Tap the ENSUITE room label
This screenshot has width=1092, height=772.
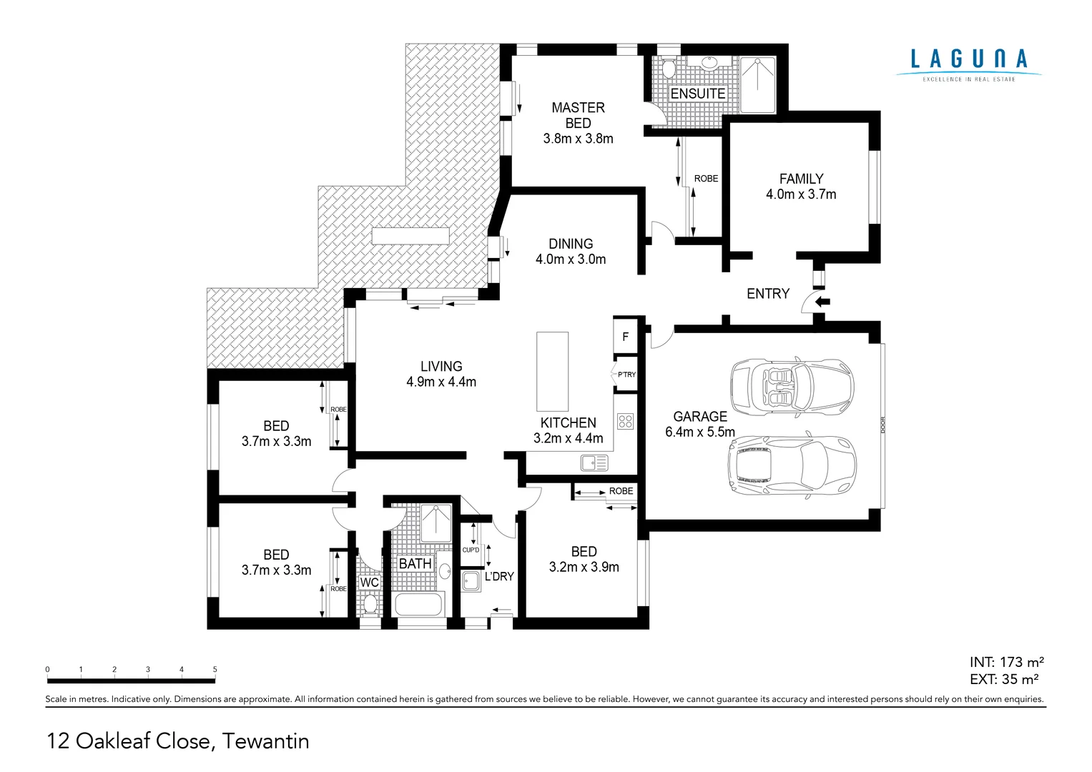(x=697, y=94)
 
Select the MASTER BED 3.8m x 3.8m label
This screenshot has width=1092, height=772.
(x=578, y=123)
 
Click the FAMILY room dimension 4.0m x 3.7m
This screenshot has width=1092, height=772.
(x=801, y=194)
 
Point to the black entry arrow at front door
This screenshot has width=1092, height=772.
(x=823, y=302)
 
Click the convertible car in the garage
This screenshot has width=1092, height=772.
(x=792, y=386)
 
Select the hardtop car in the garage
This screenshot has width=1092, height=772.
(x=792, y=465)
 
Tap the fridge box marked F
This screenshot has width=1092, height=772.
(x=626, y=337)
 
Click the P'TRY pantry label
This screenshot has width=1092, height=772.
(x=626, y=375)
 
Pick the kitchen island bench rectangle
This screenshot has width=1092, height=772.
(x=552, y=370)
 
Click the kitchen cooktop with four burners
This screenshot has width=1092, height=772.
(x=626, y=422)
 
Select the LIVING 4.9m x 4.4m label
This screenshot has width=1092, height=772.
(x=441, y=374)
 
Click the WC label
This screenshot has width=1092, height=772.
(x=369, y=583)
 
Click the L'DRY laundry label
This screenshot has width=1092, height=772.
(x=499, y=576)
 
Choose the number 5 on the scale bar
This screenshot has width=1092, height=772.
(x=215, y=670)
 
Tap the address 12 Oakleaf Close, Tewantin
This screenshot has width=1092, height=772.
(x=178, y=741)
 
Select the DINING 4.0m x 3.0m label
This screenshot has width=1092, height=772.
(x=571, y=252)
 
